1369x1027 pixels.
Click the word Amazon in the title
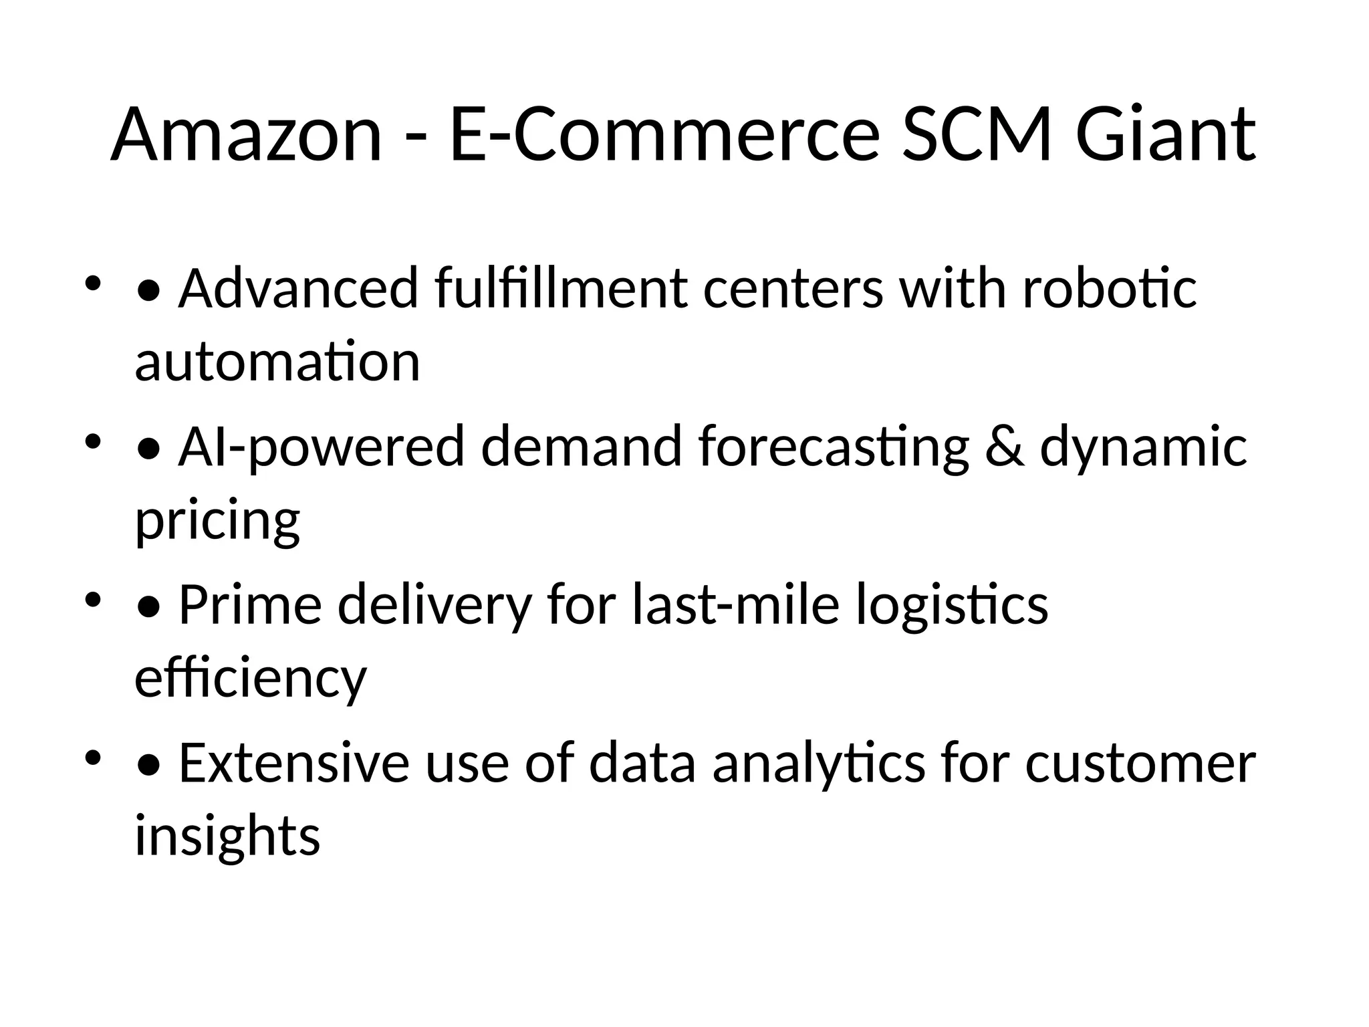coord(246,135)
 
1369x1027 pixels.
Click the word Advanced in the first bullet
coord(297,289)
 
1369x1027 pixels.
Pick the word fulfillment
coord(561,289)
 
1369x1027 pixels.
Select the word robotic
coord(1110,289)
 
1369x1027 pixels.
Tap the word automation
coord(277,362)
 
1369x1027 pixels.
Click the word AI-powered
coord(321,447)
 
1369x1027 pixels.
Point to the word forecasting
coord(834,447)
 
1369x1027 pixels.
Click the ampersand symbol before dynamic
coord(1004,447)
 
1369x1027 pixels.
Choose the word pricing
coord(218,522)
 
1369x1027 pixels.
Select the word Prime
coord(250,605)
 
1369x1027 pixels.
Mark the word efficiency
coord(251,679)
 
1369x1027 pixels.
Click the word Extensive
coord(293,764)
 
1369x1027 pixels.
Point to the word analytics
coord(819,764)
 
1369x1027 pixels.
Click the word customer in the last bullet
coord(1140,764)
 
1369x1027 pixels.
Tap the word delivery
coord(434,605)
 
